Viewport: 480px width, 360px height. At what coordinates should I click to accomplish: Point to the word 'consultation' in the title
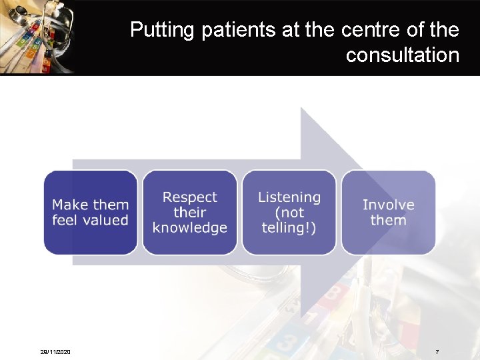point(402,55)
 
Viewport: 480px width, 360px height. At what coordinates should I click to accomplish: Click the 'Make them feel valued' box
point(90,212)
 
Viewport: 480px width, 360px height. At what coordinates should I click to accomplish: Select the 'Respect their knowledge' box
point(190,212)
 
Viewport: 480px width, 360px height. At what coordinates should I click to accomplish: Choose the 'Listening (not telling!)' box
point(289,212)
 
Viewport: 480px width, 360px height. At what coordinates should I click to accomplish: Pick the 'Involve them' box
point(389,212)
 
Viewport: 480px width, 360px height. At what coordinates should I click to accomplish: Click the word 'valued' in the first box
point(106,220)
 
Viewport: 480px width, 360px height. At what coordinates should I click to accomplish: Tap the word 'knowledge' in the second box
point(190,228)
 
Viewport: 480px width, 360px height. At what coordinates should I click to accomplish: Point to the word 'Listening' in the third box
point(289,197)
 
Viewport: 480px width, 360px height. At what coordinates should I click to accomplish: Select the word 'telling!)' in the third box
point(289,228)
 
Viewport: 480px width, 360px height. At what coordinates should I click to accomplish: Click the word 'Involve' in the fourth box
point(389,205)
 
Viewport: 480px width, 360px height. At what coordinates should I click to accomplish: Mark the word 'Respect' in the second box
point(190,197)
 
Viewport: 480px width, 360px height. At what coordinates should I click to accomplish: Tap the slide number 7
point(437,351)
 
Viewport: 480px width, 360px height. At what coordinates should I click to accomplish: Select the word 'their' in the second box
point(190,213)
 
